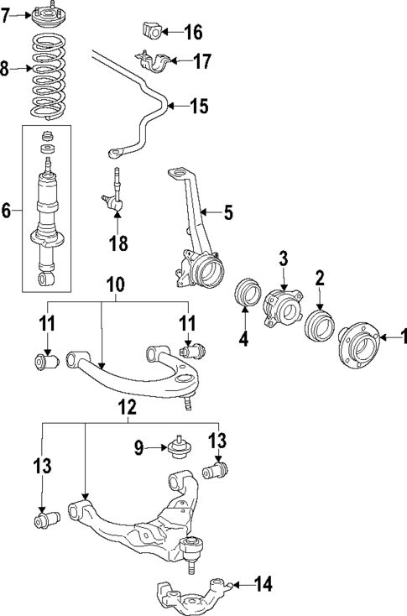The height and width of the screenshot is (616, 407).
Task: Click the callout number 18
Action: [x=117, y=243]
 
